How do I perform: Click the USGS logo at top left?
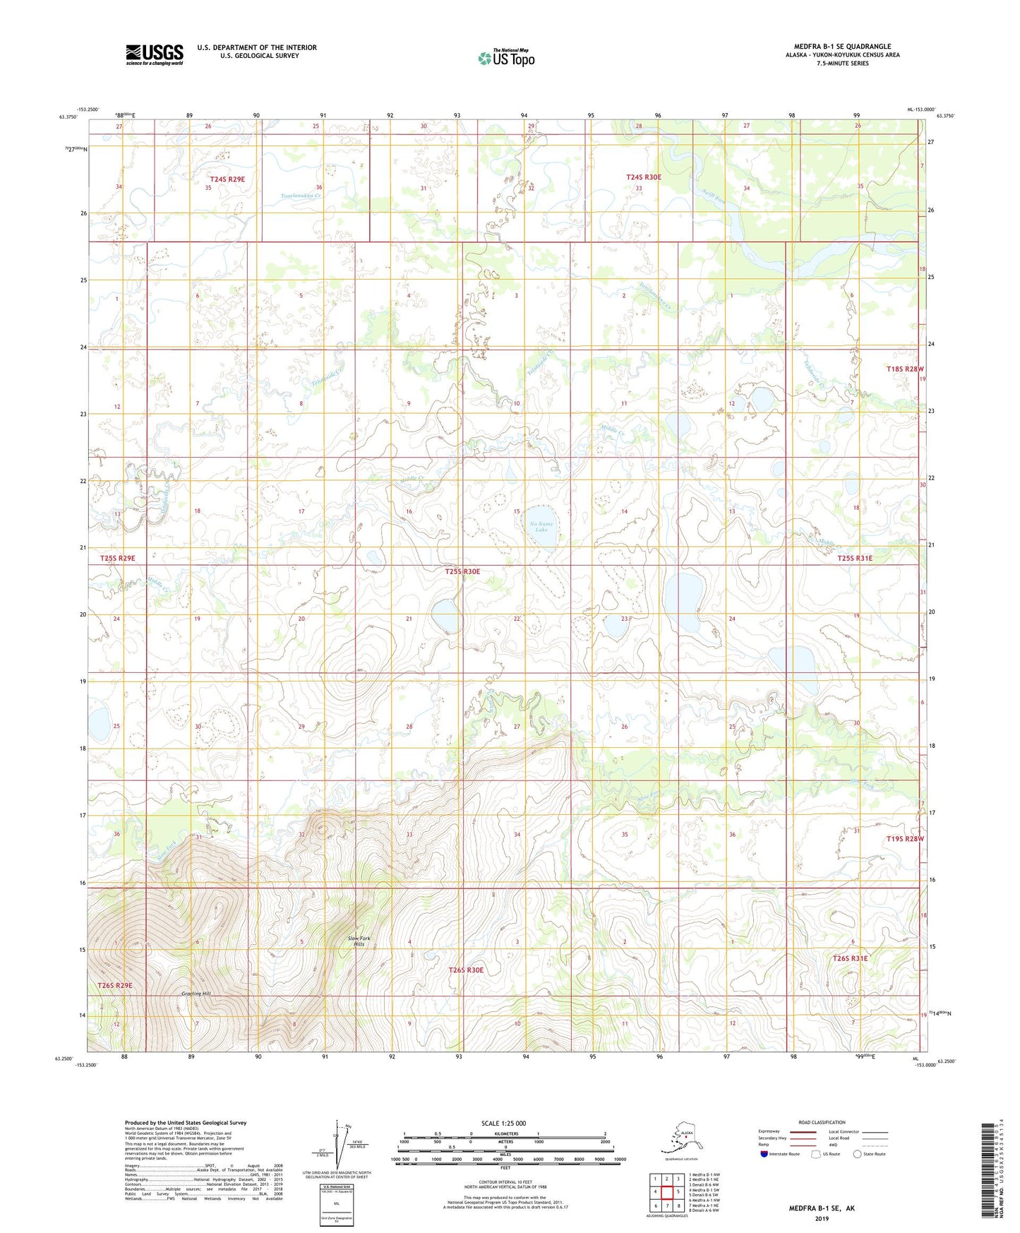[x=154, y=54]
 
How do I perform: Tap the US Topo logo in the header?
[x=505, y=58]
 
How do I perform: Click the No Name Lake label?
[x=541, y=526]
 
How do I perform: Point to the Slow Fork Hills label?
[x=359, y=941]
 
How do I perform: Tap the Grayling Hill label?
[x=196, y=994]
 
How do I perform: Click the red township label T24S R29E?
[x=227, y=179]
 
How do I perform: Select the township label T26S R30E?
[x=467, y=970]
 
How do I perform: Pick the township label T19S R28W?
[x=904, y=839]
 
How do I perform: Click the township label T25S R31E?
[x=854, y=558]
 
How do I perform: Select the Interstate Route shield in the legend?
[x=764, y=1154]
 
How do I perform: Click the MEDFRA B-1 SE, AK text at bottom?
[x=821, y=1208]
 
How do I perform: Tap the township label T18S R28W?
[x=905, y=369]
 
